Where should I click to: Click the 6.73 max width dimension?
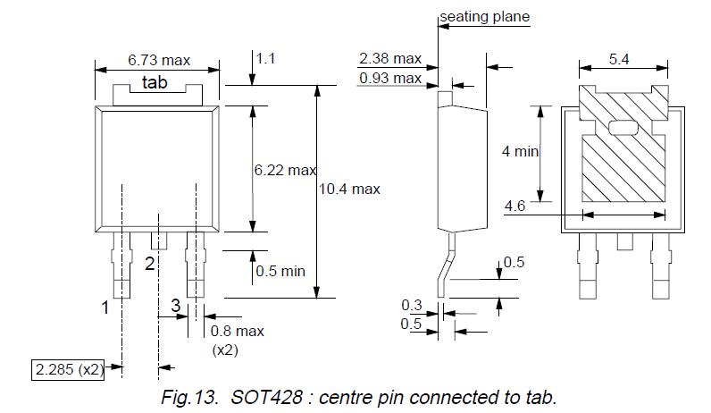[x=159, y=60]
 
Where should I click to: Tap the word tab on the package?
[x=156, y=84]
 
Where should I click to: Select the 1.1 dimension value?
[x=266, y=58]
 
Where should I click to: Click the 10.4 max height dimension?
[x=350, y=189]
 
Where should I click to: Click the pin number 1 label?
[x=105, y=308]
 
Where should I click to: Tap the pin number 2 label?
[x=150, y=263]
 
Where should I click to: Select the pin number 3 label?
[x=176, y=306]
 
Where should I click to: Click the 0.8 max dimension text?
[x=237, y=331]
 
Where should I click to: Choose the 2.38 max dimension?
[x=389, y=59]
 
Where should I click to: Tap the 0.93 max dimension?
[x=389, y=78]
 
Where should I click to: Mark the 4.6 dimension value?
[x=514, y=206]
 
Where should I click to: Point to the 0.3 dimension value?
[x=411, y=306]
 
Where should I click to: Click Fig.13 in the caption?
[x=190, y=396]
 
